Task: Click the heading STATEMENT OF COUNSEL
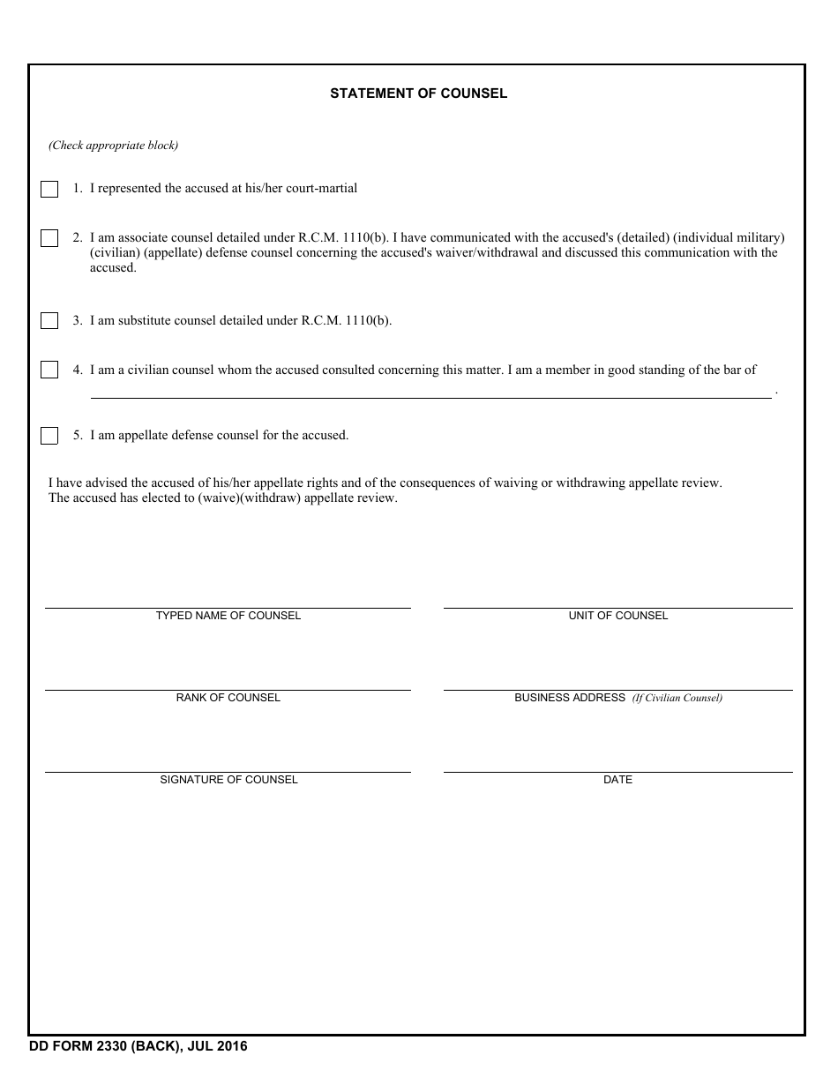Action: click(x=418, y=94)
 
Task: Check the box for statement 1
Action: click(x=49, y=190)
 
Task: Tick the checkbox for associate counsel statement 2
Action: click(x=49, y=238)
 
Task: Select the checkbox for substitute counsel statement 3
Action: click(x=49, y=321)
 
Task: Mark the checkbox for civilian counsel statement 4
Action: click(x=49, y=370)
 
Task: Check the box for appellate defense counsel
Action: click(x=49, y=436)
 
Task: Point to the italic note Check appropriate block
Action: click(x=113, y=146)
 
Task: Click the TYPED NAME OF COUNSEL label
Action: click(x=228, y=616)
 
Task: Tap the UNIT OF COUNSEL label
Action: click(x=617, y=616)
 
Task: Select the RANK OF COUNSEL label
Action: click(x=228, y=698)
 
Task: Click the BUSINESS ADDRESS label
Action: click(x=570, y=698)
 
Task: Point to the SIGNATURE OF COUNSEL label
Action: click(x=228, y=780)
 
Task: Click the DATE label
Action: click(x=617, y=780)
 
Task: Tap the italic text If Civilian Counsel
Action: click(x=677, y=698)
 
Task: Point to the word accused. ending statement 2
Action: click(x=113, y=268)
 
